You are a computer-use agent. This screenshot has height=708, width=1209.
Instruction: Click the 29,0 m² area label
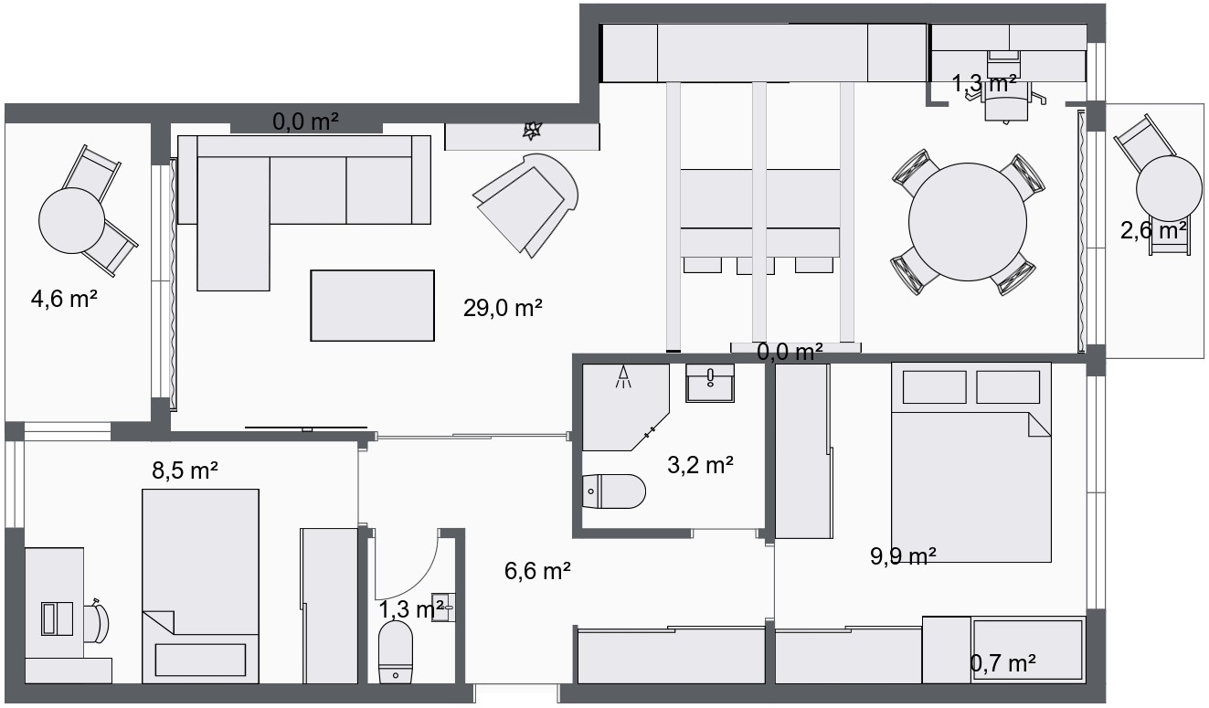(503, 308)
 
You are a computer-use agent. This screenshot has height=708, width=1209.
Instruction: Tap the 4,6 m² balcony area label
(64, 299)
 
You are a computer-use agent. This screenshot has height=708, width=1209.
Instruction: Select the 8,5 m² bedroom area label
(185, 470)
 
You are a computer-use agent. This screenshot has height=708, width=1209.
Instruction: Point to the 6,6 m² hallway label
(537, 571)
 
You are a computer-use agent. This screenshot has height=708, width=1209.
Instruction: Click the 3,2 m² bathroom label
(700, 465)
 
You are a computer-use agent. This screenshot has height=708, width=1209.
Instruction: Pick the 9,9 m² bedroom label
(903, 556)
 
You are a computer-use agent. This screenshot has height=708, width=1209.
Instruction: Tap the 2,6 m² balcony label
(1153, 231)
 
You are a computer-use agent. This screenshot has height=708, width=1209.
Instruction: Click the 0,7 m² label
(1002, 663)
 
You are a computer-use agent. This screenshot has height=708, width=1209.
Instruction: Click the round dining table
(968, 222)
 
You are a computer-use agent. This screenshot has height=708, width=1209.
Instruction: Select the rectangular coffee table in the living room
(373, 305)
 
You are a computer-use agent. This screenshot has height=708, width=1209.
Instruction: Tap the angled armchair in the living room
(526, 205)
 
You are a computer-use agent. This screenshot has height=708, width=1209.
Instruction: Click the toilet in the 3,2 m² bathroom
(614, 491)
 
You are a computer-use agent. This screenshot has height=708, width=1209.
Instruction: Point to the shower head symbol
(623, 376)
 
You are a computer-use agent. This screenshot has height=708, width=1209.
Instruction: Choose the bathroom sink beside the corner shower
(710, 383)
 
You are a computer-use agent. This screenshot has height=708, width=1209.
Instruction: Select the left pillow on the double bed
(934, 387)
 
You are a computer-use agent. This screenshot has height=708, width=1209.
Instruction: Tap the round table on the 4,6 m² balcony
(72, 220)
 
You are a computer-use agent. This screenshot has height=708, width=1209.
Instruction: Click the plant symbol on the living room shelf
(532, 131)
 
